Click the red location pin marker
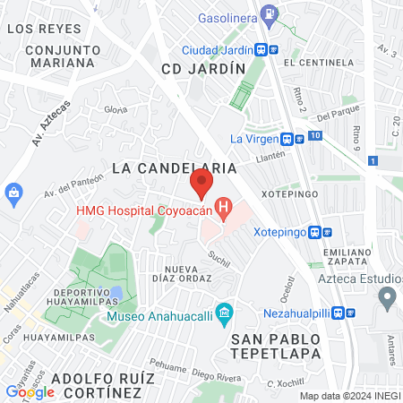(201, 184)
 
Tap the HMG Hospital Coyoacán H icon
(224, 210)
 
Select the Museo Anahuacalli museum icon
(225, 315)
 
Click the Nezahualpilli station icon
(350, 314)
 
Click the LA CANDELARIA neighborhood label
(175, 167)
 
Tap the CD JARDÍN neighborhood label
(203, 69)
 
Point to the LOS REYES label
(38, 29)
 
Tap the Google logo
(30, 391)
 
